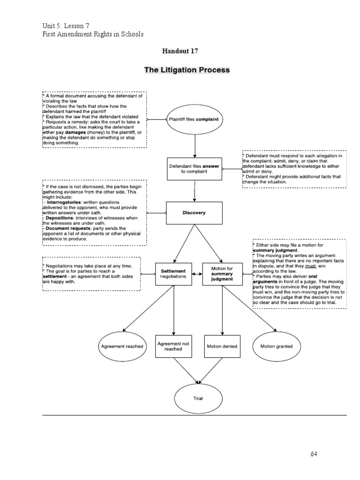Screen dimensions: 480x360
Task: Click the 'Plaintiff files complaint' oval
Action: [x=194, y=120]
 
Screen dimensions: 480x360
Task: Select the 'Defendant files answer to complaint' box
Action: [x=194, y=168]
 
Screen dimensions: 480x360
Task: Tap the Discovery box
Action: [x=194, y=213]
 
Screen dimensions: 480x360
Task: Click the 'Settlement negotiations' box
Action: [x=173, y=274]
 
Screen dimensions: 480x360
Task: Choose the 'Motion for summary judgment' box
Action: [x=222, y=274]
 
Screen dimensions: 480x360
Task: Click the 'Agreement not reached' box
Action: [x=173, y=346]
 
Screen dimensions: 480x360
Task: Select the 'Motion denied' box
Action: [x=222, y=347]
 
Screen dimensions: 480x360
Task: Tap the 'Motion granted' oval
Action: [x=277, y=346]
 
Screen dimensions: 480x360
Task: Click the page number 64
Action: [x=314, y=454]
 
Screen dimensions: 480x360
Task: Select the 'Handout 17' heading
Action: [x=180, y=51]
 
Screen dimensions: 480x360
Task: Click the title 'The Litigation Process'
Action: [x=187, y=70]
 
